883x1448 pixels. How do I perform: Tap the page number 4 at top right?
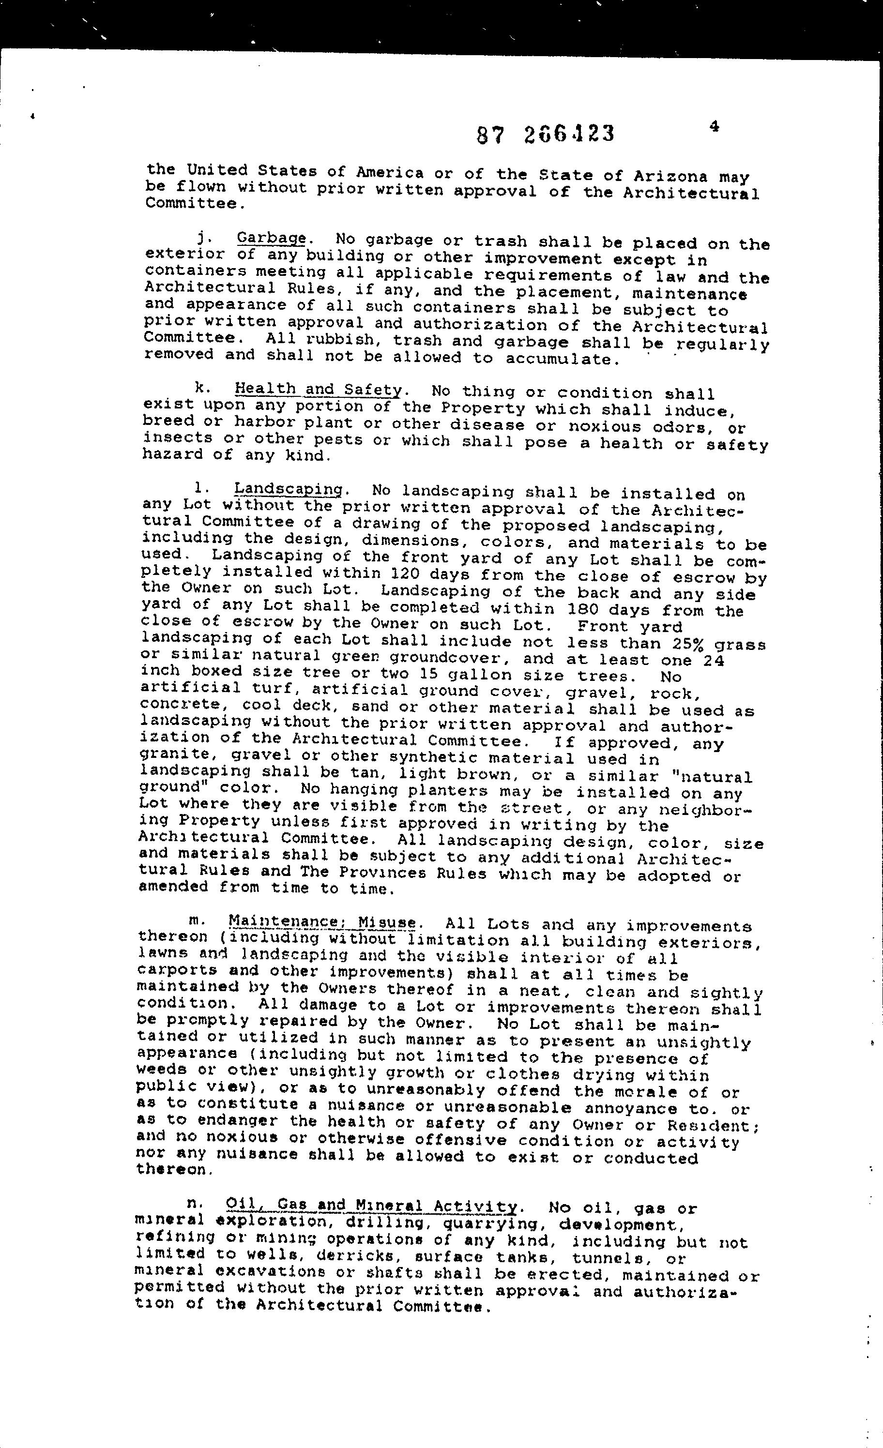pos(714,126)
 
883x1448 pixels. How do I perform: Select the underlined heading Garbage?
pos(271,239)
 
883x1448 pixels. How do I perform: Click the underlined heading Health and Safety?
pos(318,389)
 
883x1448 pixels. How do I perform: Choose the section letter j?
pos(202,238)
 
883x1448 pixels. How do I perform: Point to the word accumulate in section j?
pos(562,359)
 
